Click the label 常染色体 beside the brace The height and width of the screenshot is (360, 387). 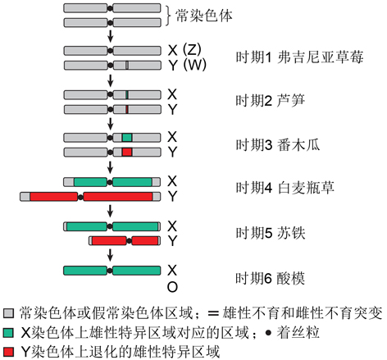tap(203, 16)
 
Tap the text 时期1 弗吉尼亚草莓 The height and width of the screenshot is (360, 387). tap(299, 57)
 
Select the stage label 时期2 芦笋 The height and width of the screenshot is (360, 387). tap(270, 101)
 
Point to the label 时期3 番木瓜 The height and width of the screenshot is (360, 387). tap(278, 144)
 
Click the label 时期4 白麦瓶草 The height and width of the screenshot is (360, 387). tap(285, 188)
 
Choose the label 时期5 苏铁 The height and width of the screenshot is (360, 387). tap(271, 233)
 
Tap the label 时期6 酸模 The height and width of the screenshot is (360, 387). tap(270, 278)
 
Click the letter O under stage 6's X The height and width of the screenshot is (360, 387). tap(172, 287)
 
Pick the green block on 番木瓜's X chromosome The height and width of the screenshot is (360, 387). tap(127, 137)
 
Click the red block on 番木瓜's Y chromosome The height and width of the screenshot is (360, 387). tap(127, 152)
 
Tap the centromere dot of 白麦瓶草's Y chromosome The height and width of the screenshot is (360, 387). tap(80, 197)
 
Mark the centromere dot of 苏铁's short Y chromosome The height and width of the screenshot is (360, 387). tap(129, 241)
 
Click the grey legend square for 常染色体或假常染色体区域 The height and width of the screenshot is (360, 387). tap(8, 313)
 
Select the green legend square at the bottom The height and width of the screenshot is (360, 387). tap(8, 333)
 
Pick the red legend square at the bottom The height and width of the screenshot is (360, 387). tap(8, 352)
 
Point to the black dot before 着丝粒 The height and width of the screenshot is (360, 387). tap(268, 333)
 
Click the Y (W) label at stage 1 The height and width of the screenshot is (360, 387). tap(187, 65)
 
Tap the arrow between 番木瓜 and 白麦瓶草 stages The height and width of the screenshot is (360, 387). tap(110, 167)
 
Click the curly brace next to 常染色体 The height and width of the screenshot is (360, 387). tap(168, 16)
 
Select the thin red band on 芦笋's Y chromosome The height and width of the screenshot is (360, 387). tap(127, 109)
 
